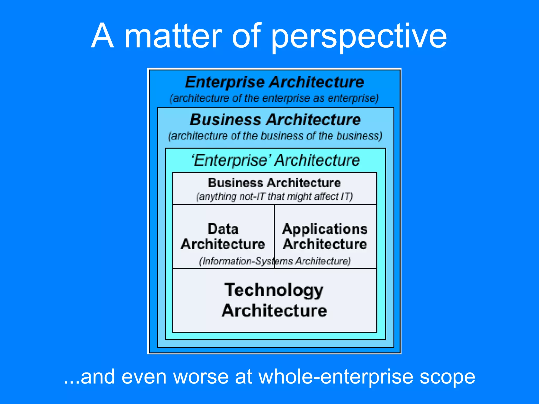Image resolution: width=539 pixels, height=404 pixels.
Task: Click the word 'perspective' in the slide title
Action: pyautogui.click(x=358, y=37)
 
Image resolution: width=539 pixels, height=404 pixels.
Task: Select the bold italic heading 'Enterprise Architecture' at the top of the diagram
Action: pyautogui.click(x=275, y=82)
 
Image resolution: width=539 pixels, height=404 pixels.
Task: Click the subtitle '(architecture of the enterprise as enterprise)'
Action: pyautogui.click(x=274, y=98)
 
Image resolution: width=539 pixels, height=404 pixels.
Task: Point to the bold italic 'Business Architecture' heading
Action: pyautogui.click(x=275, y=120)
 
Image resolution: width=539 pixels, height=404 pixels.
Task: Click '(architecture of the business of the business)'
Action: pyautogui.click(x=275, y=136)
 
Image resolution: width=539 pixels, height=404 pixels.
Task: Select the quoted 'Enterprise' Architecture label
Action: pyautogui.click(x=276, y=160)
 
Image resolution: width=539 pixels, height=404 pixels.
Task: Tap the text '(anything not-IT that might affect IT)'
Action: pyautogui.click(x=275, y=196)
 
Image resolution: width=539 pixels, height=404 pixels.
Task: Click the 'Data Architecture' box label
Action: pyautogui.click(x=223, y=236)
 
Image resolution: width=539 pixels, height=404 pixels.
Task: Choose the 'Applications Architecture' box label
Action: pyautogui.click(x=325, y=236)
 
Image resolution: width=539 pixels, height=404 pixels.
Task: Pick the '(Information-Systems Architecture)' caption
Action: pyautogui.click(x=275, y=261)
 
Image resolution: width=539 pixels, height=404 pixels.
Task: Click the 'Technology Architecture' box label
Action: pyautogui.click(x=274, y=300)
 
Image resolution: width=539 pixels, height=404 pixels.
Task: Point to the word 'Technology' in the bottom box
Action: pyautogui.click(x=274, y=290)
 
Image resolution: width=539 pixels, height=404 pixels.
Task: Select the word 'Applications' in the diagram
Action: pyautogui.click(x=325, y=229)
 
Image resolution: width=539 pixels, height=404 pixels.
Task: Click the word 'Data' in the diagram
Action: pyautogui.click(x=223, y=229)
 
